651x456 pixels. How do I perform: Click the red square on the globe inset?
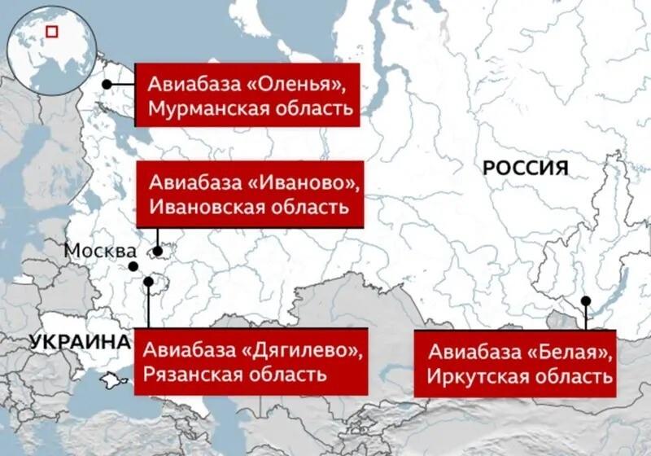point(52,32)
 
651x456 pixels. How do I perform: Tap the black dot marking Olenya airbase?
point(107,84)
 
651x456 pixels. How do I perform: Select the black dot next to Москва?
point(132,266)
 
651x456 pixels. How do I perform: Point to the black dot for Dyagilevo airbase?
point(148,282)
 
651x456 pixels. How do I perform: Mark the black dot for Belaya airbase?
point(585,301)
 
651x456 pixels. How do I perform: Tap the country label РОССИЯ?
point(524,169)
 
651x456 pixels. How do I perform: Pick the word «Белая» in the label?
point(572,353)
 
